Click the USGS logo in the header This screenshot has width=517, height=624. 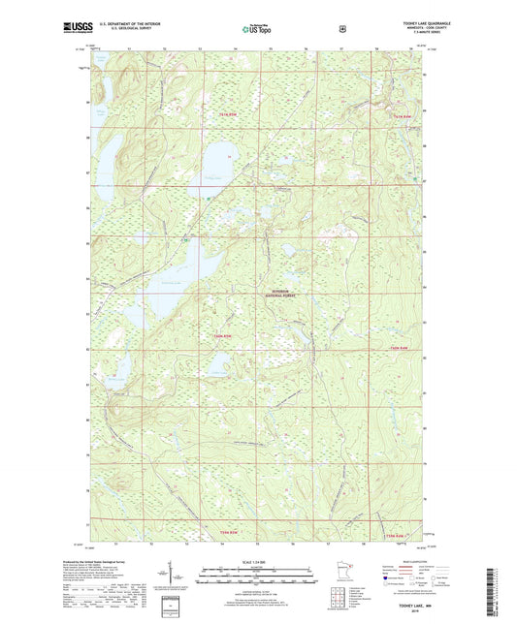pyautogui.click(x=76, y=30)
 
